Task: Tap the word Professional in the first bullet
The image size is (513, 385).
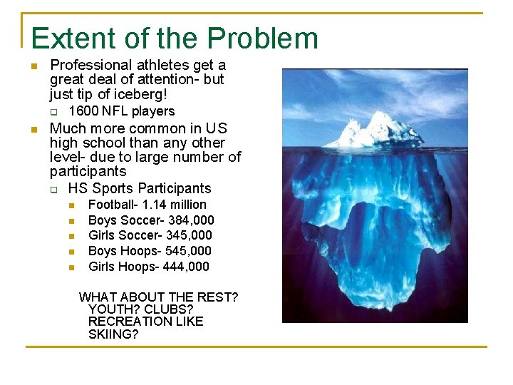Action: (91, 66)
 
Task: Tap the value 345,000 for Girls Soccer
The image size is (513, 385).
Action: (189, 235)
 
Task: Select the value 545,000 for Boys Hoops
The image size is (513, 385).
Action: (187, 251)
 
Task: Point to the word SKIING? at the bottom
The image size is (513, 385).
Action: (113, 334)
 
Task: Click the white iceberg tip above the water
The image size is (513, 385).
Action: (370, 132)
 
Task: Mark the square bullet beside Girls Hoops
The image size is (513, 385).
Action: (71, 267)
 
